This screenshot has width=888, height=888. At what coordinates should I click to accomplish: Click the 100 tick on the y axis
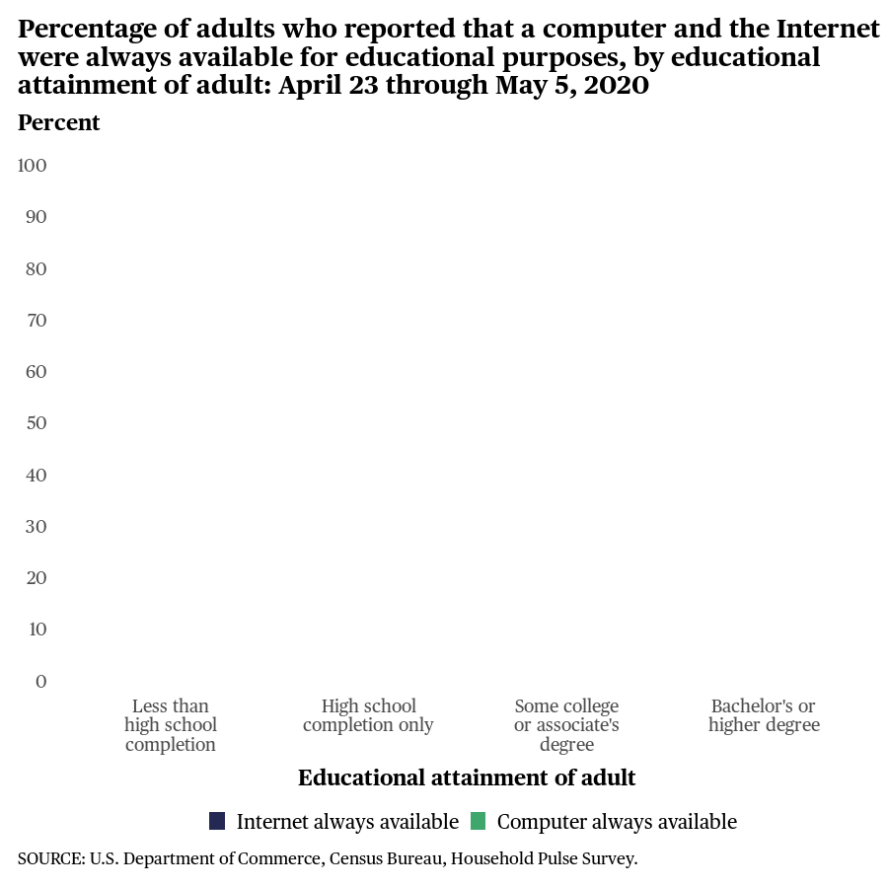pyautogui.click(x=33, y=166)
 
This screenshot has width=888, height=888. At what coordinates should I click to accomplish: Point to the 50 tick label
pyautogui.click(x=37, y=423)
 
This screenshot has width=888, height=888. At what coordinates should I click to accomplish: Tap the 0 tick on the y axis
pyautogui.click(x=41, y=681)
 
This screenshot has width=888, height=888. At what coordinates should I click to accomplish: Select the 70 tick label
pyautogui.click(x=37, y=320)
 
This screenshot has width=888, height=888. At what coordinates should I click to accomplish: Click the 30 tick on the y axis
pyautogui.click(x=37, y=526)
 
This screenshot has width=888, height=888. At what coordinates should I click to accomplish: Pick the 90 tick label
pyautogui.click(x=37, y=217)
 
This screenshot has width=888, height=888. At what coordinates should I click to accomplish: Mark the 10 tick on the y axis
pyautogui.click(x=37, y=629)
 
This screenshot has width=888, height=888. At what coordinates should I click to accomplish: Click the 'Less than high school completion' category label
pyautogui.click(x=171, y=725)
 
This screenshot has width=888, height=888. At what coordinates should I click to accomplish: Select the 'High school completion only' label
pyautogui.click(x=368, y=715)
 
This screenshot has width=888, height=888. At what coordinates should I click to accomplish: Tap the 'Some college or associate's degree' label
pyautogui.click(x=566, y=725)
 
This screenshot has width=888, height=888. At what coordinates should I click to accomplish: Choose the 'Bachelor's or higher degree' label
pyautogui.click(x=764, y=715)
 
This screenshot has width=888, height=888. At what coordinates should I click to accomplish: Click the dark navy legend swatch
pyautogui.click(x=217, y=821)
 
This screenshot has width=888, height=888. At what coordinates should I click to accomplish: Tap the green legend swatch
pyautogui.click(x=479, y=821)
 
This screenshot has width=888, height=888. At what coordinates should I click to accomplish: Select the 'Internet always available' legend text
pyautogui.click(x=347, y=822)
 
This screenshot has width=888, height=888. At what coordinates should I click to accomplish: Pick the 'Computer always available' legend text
pyautogui.click(x=617, y=822)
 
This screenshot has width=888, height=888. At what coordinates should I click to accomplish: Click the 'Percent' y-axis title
pyautogui.click(x=59, y=122)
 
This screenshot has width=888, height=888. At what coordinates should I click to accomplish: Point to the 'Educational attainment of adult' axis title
pyautogui.click(x=467, y=777)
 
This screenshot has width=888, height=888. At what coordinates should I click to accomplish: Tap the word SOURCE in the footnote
pyautogui.click(x=49, y=858)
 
